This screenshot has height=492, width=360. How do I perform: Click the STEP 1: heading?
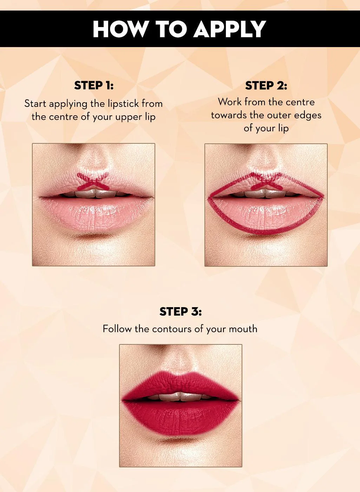(94, 85)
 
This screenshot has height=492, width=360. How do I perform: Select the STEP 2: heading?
(266, 85)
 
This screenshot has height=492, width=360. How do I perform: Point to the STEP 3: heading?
(181, 311)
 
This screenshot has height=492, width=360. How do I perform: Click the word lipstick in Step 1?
(119, 104)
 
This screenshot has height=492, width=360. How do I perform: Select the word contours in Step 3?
(172, 329)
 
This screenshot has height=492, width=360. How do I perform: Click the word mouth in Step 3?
(243, 329)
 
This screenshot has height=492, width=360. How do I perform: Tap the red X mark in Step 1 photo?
(92, 182)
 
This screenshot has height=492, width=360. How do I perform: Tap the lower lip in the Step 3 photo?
(180, 416)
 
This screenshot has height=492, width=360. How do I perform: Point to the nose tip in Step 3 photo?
(180, 362)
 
